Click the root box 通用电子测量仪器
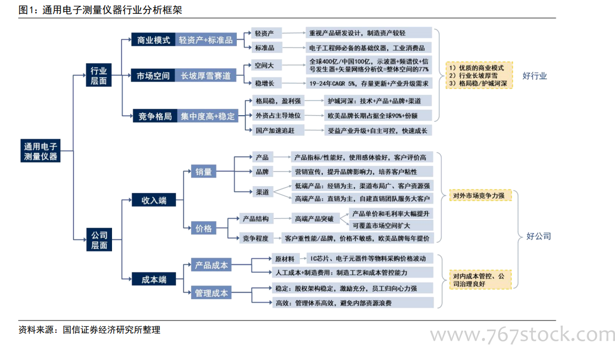41,150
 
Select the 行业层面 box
99,75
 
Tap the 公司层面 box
99,239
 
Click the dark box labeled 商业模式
154,39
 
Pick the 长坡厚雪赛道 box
206,75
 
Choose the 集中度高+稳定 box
207,116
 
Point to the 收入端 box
154,200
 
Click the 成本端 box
154,279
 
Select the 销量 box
204,171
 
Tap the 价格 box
204,228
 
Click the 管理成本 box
211,293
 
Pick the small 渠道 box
262,192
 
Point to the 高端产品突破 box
314,219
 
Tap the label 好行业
534,76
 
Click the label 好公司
539,236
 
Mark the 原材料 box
285,259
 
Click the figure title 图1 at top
100,10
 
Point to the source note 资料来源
90,330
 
